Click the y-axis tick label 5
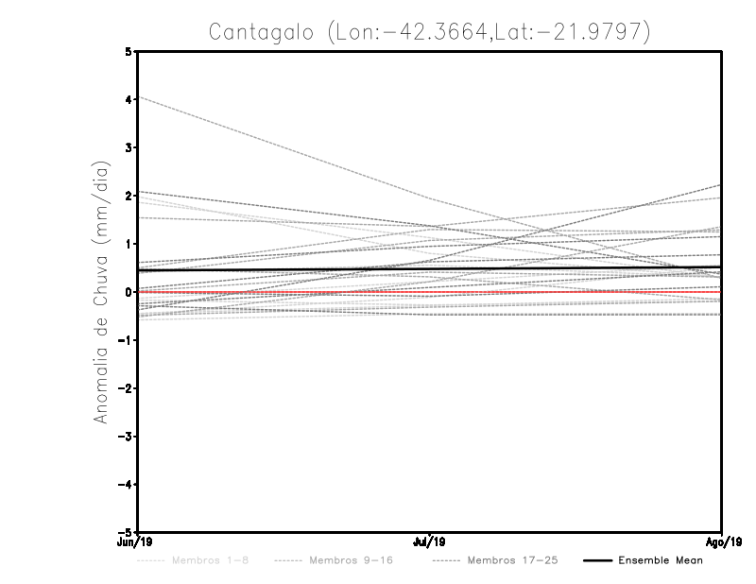(129, 51)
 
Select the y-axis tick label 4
(129, 99)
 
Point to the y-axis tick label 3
(129, 147)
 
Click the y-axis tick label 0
(129, 292)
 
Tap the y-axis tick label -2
(126, 388)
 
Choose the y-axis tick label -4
(126, 485)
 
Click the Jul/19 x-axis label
(430, 542)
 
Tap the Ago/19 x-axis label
(722, 542)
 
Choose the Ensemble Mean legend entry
(661, 561)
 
